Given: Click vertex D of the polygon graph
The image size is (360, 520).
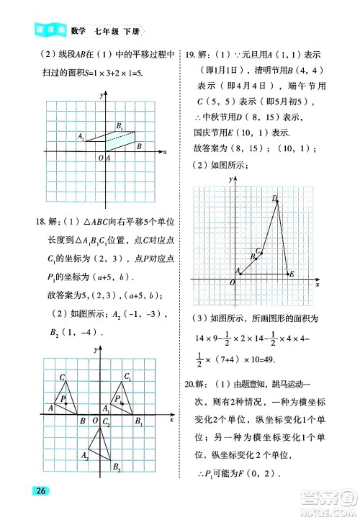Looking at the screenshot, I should [x=276, y=198].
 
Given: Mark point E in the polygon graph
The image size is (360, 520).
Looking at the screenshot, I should [x=291, y=274].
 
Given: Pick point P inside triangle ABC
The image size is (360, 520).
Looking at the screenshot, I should [x=64, y=398].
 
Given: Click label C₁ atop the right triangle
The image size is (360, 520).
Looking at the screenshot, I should [x=127, y=377].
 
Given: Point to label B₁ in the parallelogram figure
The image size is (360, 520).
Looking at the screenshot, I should [x=120, y=127].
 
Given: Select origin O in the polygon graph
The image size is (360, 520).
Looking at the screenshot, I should [x=232, y=283].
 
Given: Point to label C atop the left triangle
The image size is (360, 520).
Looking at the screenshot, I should [x=63, y=377].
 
